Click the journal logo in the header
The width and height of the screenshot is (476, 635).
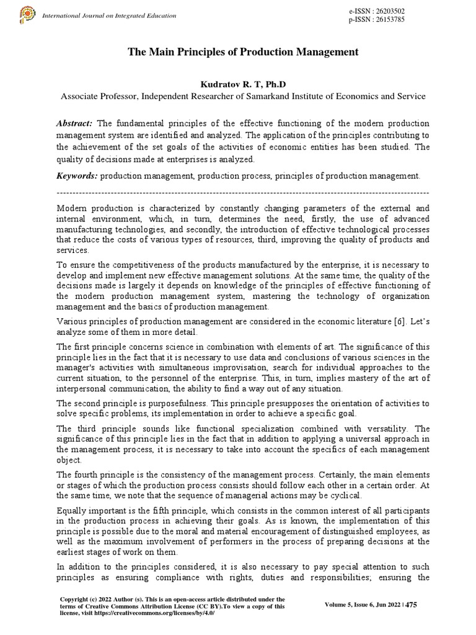pos(27,14)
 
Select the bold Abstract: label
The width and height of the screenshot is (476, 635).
pos(74,125)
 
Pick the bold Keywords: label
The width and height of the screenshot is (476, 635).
pos(76,176)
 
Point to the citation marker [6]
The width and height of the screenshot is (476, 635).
pos(391,321)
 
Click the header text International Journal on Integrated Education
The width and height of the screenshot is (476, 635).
pos(99,14)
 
